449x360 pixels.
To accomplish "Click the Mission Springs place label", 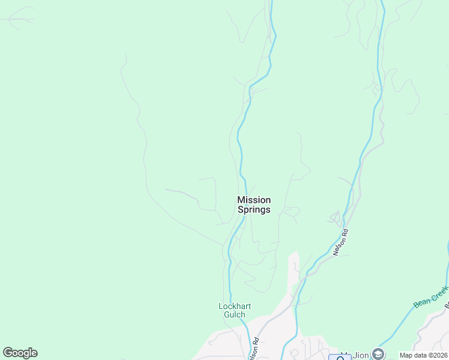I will tap(254, 205).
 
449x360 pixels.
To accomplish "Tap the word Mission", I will tap(254, 200).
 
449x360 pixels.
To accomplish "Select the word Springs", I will tap(254, 210).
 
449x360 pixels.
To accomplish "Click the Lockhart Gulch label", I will tap(234, 311).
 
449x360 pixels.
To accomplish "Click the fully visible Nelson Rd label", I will tap(340, 242).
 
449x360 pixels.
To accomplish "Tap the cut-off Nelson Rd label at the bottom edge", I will tap(255, 350).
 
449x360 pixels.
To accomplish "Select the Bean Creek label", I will tap(431, 297).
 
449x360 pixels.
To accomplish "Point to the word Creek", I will tap(439, 292).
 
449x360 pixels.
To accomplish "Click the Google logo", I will tap(20, 353).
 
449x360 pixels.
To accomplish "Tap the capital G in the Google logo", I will tap(8, 353).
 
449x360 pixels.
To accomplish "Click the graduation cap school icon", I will tap(378, 353).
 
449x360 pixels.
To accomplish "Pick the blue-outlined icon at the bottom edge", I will tap(340, 357).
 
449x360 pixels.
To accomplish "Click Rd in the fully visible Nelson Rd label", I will tap(345, 232).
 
